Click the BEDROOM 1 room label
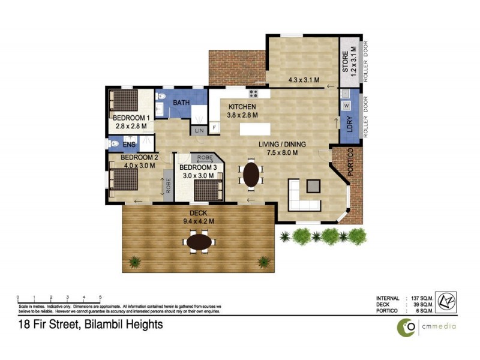pos(132,118)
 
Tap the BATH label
pos(181,103)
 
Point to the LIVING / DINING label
pos(282,144)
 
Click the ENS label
pos(129,145)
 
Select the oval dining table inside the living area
pos(251,174)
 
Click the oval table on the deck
pos(199,242)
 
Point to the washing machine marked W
pos(346,106)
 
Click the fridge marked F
pos(214,128)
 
